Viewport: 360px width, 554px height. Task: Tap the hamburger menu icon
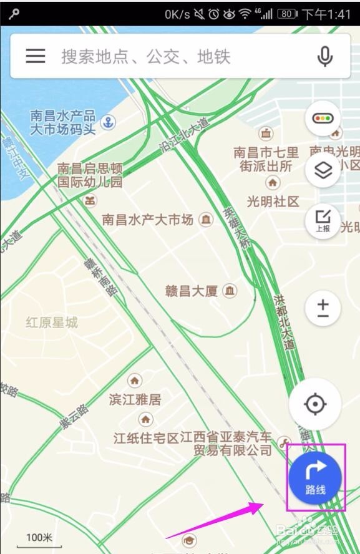point(36,56)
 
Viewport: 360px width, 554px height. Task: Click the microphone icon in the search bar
point(324,57)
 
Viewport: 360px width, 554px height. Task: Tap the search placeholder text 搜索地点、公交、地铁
point(145,57)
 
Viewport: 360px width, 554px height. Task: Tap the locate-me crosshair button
point(315,404)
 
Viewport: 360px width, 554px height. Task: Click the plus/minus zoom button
point(323,308)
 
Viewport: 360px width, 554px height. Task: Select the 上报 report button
point(323,220)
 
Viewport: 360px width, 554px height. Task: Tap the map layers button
point(323,170)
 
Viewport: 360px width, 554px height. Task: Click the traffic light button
point(323,118)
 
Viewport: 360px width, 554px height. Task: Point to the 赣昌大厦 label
point(191,291)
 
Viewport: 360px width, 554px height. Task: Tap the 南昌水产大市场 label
point(148,220)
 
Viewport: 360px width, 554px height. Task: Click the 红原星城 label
point(52,323)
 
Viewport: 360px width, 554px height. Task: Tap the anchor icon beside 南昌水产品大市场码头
point(109,122)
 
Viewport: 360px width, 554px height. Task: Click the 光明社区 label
point(273,201)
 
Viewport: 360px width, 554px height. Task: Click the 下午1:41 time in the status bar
point(326,14)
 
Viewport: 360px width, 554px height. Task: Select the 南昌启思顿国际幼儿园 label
point(90,175)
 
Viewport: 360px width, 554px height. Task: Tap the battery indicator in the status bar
point(287,14)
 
